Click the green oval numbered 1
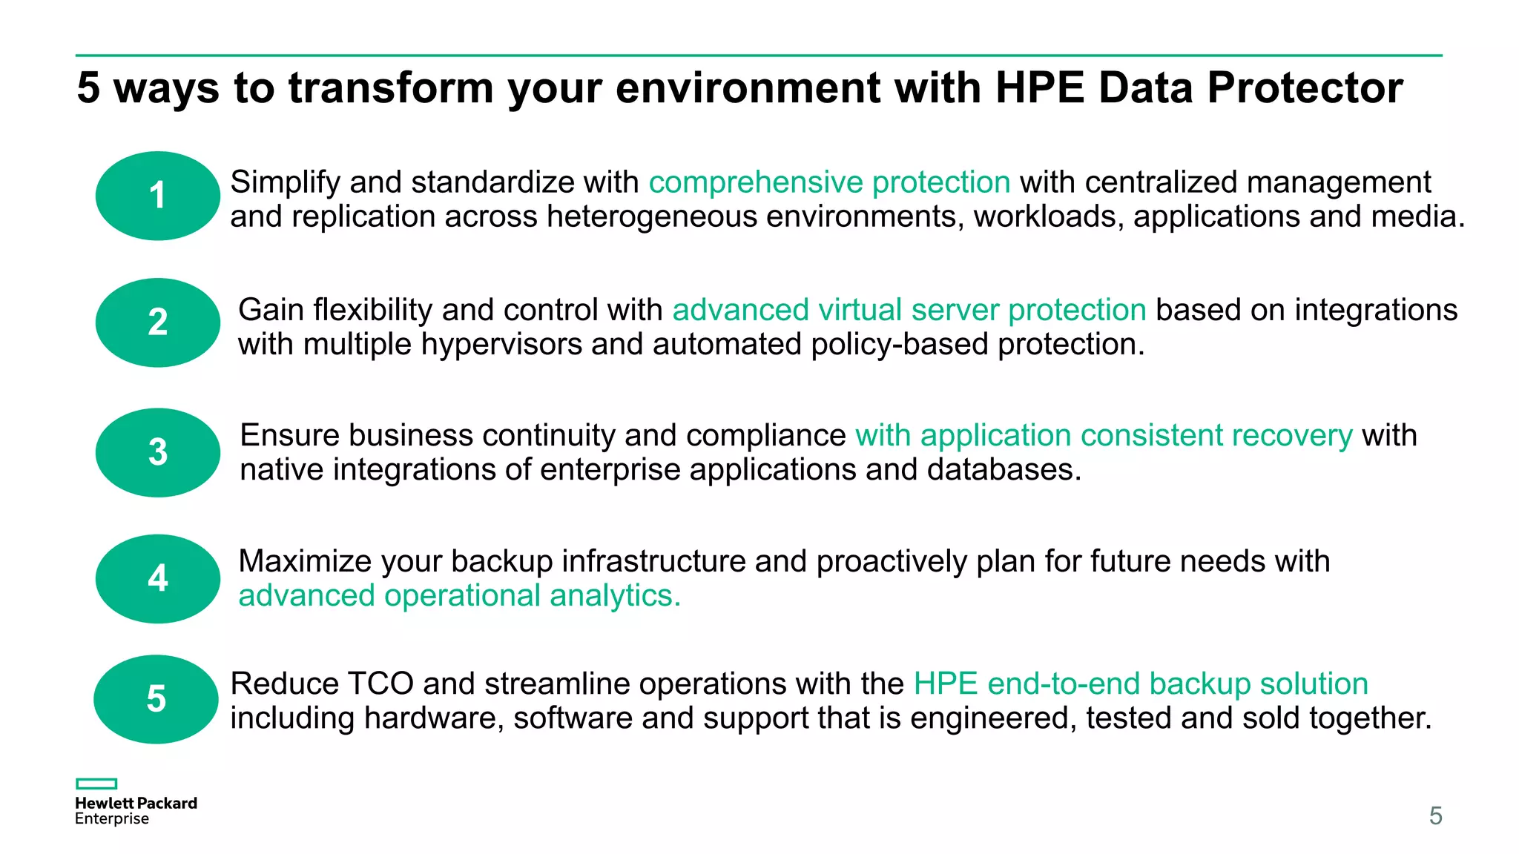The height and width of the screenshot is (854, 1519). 157,196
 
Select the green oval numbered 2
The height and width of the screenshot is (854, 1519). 157,322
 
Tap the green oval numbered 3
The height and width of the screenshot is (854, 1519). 157,452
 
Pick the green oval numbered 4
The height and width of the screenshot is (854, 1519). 157,578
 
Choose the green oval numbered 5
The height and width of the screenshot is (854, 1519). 156,699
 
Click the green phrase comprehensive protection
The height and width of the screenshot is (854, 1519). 829,182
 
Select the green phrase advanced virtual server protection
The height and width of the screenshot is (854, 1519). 909,310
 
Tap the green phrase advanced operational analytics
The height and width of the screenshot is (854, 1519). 459,596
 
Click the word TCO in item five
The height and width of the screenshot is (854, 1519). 380,683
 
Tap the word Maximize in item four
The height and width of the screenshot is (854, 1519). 305,561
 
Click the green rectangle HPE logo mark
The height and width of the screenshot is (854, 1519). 96,784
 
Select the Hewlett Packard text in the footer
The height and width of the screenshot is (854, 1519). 136,803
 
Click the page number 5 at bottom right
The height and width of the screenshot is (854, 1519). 1435,816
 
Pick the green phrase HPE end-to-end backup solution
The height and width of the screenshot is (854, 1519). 1141,683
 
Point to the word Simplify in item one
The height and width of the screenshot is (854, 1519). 285,182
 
